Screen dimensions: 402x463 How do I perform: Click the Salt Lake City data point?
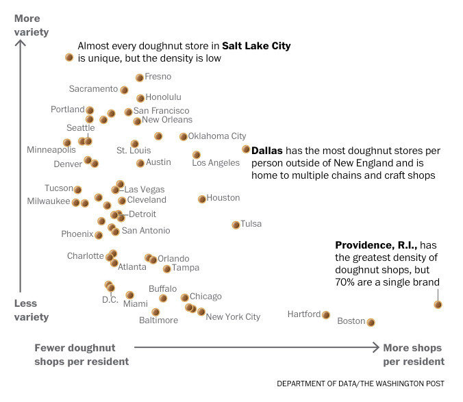69,58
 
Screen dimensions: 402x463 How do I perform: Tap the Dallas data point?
246,149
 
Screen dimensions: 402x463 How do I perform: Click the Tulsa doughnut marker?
236,224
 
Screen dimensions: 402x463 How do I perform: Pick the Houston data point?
202,199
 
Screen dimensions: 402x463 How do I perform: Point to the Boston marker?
371,321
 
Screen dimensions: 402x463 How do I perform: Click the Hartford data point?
326,315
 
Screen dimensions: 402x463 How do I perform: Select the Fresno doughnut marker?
140,77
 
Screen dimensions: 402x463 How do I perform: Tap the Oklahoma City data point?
183,136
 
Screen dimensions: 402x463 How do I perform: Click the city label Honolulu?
164,97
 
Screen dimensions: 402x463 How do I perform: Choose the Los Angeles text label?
216,163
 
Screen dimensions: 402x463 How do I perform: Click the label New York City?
233,317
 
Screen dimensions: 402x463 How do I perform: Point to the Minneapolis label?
51,149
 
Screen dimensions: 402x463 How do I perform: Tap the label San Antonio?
146,231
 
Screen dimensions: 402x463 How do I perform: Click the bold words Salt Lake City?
256,46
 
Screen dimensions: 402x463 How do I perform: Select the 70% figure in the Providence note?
345,281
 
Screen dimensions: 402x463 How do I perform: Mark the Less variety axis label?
32,310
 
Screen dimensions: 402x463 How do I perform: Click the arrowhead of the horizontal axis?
375,347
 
